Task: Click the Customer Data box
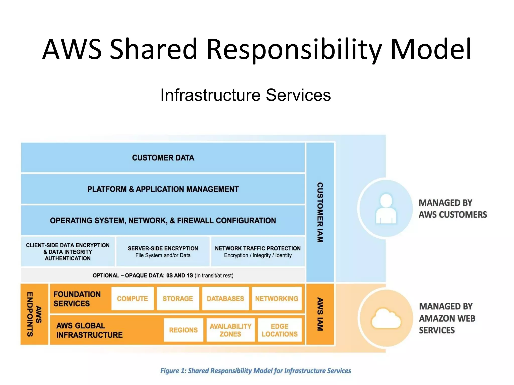point(163,158)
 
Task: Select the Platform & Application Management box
point(163,189)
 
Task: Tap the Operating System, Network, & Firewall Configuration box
point(163,220)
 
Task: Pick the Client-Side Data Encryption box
point(68,252)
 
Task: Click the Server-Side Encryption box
point(163,252)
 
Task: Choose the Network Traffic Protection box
point(258,252)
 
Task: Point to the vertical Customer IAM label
point(320,212)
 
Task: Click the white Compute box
point(133,299)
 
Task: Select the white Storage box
point(178,299)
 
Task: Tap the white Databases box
point(225,299)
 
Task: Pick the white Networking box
point(277,299)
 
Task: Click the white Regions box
point(183,330)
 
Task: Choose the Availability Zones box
point(230,330)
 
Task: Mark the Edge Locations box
point(280,330)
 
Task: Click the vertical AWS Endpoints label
point(34,314)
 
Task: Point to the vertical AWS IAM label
point(320,314)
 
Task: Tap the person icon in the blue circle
point(386,209)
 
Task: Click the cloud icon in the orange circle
point(386,319)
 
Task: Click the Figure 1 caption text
point(255,371)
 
